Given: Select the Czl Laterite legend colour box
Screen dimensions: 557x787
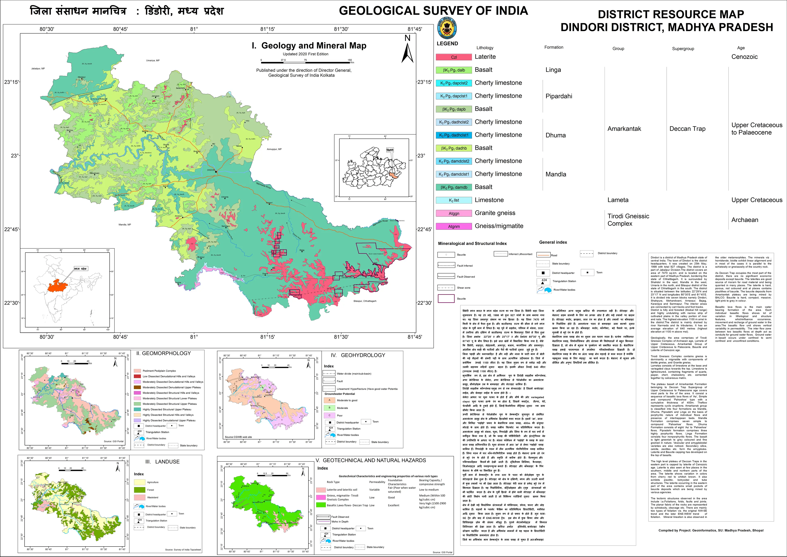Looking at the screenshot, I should (454, 57).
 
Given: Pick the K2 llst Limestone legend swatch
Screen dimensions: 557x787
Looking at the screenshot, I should (454, 200).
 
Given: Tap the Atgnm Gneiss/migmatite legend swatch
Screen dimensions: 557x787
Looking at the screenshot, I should (454, 226).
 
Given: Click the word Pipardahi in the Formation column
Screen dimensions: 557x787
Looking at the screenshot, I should (559, 96).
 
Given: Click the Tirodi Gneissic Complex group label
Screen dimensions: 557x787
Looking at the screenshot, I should (628, 220).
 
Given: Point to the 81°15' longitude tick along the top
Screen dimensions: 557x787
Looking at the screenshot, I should (267, 29).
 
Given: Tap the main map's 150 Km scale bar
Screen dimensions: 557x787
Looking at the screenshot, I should (305, 62).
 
